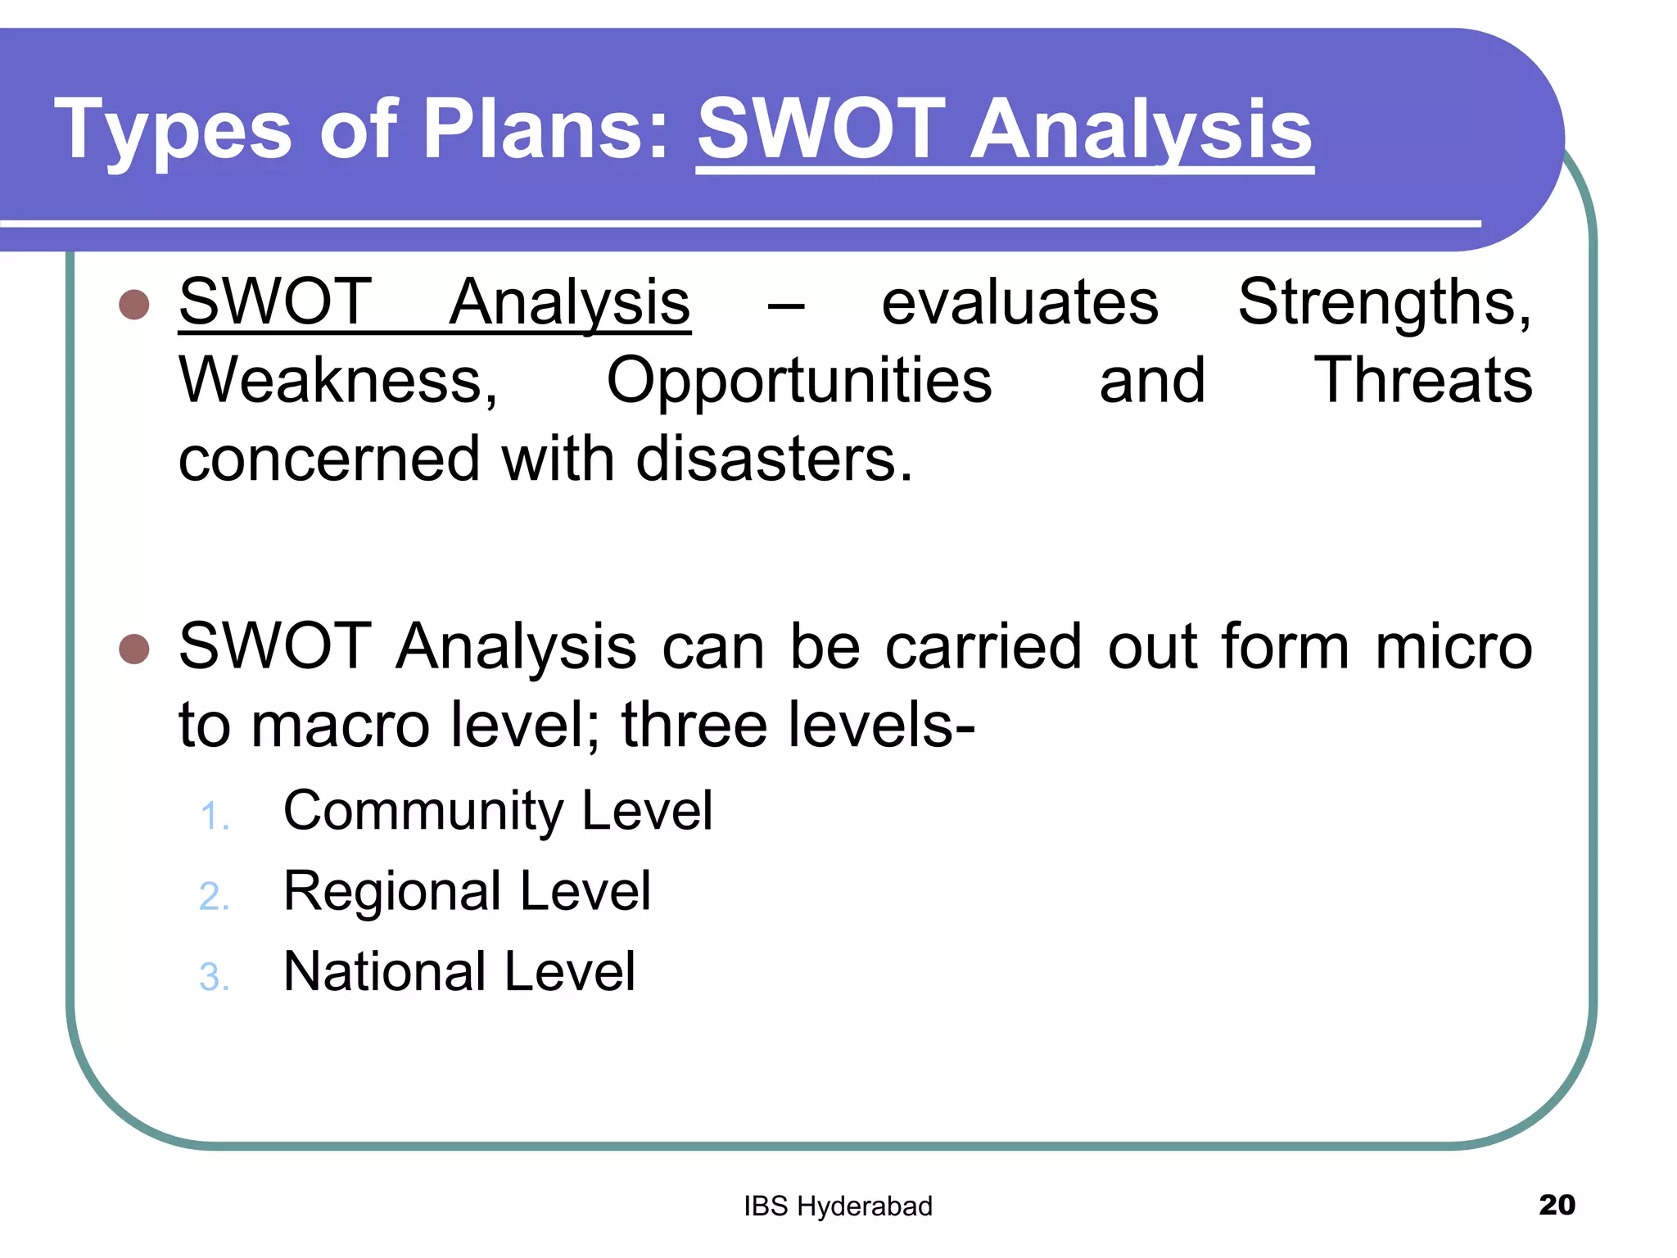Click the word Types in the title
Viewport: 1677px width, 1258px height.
173,130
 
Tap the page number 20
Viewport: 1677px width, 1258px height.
1557,1205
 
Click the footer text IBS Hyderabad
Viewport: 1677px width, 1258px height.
838,1206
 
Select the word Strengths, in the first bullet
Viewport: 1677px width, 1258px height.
1384,302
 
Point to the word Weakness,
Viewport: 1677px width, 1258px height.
338,381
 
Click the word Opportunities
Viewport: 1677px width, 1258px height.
798,382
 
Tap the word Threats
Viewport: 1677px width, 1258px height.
1422,381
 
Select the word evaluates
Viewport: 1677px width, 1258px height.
1019,302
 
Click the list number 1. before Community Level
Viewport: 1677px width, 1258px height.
215,817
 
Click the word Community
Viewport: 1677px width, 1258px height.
423,812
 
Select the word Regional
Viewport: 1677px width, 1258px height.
391,891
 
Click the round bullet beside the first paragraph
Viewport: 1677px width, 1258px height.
134,304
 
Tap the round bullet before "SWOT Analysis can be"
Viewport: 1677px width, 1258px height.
134,648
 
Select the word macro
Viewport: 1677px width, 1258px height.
340,726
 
